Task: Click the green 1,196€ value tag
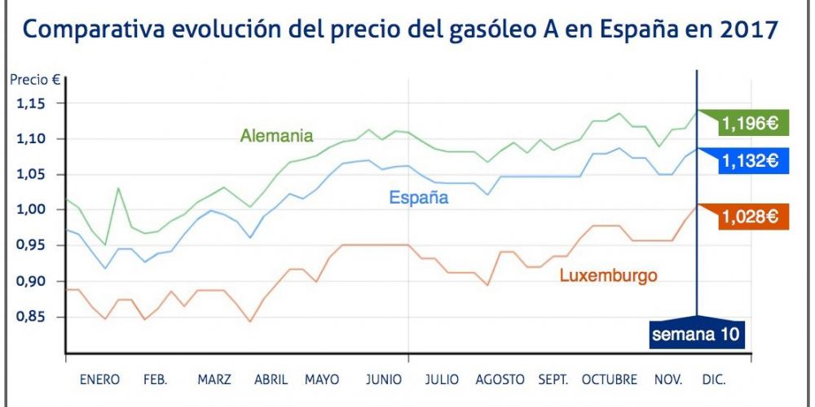747,124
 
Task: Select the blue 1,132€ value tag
747,161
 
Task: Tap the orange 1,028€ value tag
747,217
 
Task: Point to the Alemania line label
276,135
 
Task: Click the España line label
418,197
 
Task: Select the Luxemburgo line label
608,276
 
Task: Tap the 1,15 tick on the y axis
33,103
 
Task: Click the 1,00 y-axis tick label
33,210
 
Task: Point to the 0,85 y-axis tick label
33,317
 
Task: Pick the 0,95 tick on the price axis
33,246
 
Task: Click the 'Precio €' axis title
34,80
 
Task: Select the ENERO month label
99,380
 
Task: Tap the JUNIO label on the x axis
383,380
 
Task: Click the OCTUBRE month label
609,380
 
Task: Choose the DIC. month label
713,380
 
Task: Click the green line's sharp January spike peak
118,188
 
